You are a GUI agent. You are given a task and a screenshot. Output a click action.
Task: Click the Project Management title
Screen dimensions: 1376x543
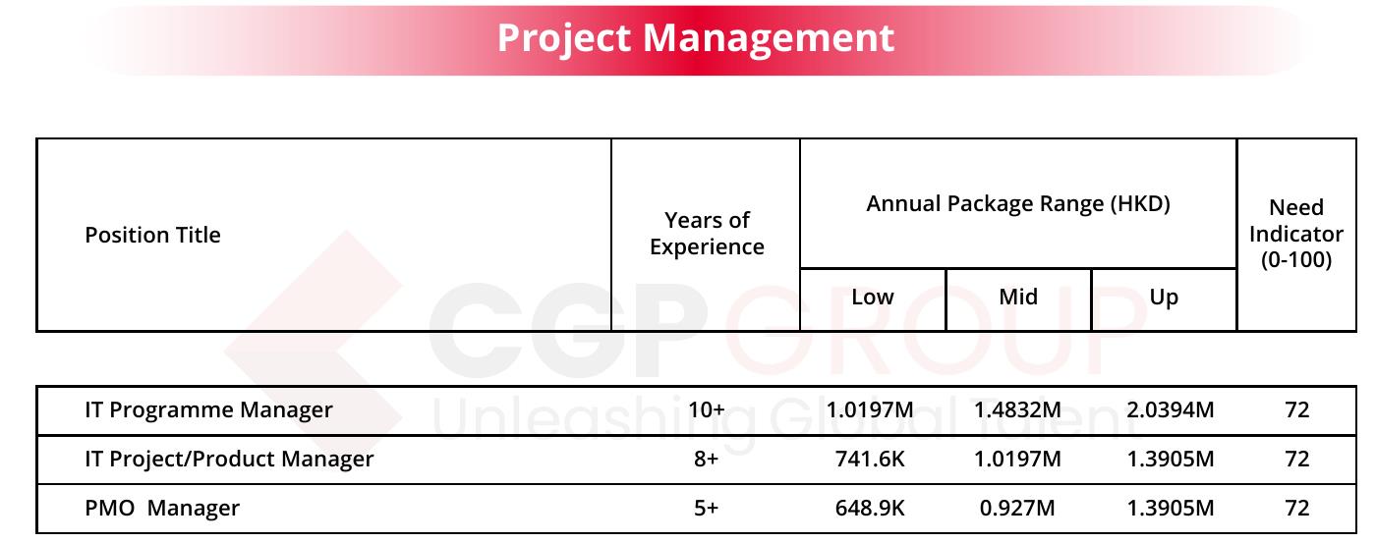click(696, 38)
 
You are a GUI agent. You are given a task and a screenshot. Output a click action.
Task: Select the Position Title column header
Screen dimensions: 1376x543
click(152, 235)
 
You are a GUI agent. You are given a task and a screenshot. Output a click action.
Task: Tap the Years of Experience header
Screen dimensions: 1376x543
click(707, 233)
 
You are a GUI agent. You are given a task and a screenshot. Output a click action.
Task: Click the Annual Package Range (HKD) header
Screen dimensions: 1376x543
click(1018, 203)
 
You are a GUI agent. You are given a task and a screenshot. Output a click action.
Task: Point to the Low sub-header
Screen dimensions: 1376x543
click(873, 297)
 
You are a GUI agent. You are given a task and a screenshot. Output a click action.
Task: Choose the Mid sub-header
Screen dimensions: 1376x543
click(1018, 297)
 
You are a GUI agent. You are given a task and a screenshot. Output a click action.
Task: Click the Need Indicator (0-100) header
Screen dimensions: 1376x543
click(1296, 234)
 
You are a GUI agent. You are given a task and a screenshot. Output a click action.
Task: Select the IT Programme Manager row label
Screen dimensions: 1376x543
click(208, 410)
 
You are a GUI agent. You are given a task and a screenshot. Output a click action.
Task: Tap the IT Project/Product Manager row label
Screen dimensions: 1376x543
click(229, 460)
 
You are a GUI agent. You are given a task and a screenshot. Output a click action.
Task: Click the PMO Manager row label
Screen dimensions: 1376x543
click(162, 509)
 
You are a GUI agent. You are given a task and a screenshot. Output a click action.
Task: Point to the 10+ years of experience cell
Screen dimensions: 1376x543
click(707, 409)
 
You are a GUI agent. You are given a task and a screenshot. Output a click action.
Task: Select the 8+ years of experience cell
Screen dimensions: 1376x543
click(707, 459)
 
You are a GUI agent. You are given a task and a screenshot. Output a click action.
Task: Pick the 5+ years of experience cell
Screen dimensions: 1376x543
click(707, 508)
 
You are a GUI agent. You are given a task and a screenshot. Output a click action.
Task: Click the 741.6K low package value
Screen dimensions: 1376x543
click(870, 459)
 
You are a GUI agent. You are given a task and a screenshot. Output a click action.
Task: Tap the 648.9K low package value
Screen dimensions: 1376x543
click(870, 508)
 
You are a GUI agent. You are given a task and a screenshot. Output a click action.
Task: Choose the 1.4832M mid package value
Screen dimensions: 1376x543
click(1017, 409)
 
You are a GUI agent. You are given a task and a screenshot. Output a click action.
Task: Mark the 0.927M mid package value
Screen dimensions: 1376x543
click(1017, 508)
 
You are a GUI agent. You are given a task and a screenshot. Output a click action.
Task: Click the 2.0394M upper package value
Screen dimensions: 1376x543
click(1171, 409)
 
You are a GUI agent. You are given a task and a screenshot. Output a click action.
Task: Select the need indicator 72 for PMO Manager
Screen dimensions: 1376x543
click(1296, 508)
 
